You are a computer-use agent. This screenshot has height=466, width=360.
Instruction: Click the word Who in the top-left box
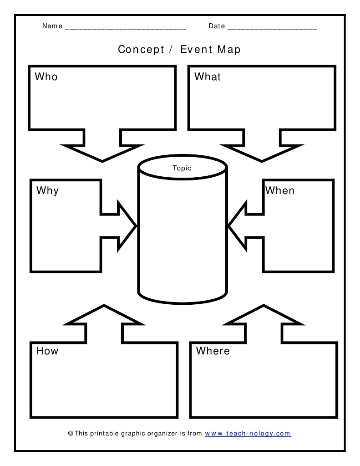(46, 77)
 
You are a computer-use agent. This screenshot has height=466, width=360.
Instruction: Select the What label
(208, 77)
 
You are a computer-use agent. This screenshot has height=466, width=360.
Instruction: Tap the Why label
(47, 190)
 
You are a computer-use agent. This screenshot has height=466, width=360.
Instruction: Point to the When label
(280, 190)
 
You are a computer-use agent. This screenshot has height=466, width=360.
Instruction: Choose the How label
(47, 351)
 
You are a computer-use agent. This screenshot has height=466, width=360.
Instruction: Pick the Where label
(213, 351)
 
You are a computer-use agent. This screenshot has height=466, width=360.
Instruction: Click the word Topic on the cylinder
(182, 168)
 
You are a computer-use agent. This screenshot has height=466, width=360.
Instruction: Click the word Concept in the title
(141, 49)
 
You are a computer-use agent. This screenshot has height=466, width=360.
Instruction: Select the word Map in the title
(229, 49)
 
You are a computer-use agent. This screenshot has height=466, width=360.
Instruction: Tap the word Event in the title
(196, 49)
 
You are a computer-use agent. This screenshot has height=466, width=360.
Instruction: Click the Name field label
(52, 26)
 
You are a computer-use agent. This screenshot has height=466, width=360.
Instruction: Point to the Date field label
(217, 26)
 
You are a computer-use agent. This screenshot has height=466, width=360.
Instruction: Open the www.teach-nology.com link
(248, 434)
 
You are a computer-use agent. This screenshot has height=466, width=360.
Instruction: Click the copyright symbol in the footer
(71, 434)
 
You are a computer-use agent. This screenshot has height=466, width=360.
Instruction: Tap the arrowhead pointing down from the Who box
(102, 153)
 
